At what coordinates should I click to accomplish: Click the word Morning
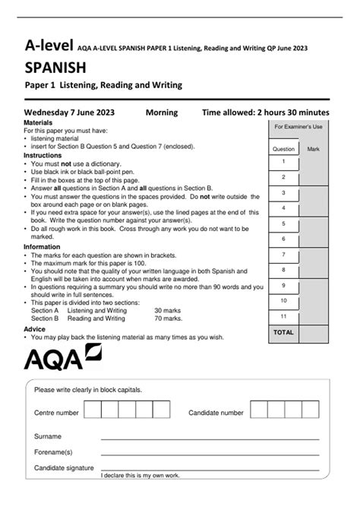click(x=161, y=112)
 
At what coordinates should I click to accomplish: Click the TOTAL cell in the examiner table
click(x=283, y=332)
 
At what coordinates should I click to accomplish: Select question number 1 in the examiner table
click(x=283, y=162)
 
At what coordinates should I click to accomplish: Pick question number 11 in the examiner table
click(x=283, y=316)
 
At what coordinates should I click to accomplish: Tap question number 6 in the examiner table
click(x=283, y=239)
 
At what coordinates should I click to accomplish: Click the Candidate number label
click(x=216, y=413)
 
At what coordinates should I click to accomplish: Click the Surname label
click(x=48, y=437)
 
